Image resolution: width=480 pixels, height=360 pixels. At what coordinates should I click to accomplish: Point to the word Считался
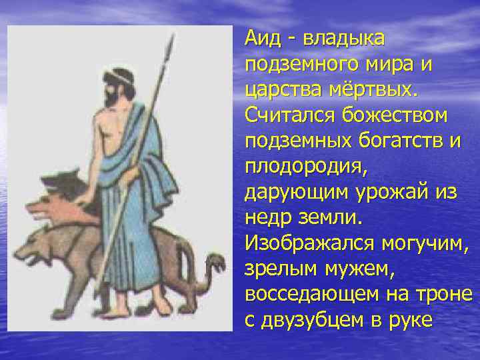point(289,115)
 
